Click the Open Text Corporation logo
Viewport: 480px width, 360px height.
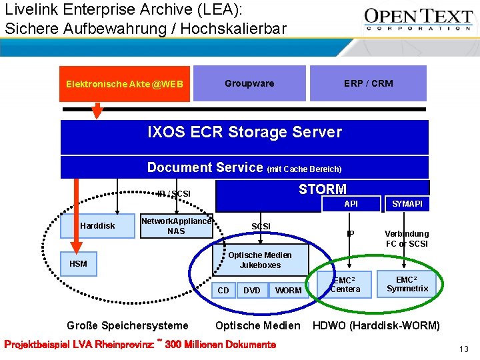click(419, 20)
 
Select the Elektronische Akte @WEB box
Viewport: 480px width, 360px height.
click(125, 84)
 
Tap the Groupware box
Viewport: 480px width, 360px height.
click(249, 83)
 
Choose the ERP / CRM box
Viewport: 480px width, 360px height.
click(368, 83)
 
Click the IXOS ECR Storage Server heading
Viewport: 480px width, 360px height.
click(244, 132)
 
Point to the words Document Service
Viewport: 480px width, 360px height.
click(205, 167)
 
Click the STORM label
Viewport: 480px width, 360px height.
click(322, 189)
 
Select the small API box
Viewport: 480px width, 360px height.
click(351, 203)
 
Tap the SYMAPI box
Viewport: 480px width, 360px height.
click(407, 203)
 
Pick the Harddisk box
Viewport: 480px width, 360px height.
click(97, 226)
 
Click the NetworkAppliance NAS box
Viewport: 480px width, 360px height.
click(176, 226)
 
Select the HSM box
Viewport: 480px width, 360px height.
click(78, 264)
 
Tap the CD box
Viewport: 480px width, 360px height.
click(223, 290)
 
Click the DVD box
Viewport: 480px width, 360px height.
click(252, 290)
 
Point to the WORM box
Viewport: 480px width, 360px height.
click(288, 290)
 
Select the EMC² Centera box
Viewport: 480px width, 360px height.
click(345, 285)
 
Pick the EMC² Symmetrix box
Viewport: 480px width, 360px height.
click(407, 284)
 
